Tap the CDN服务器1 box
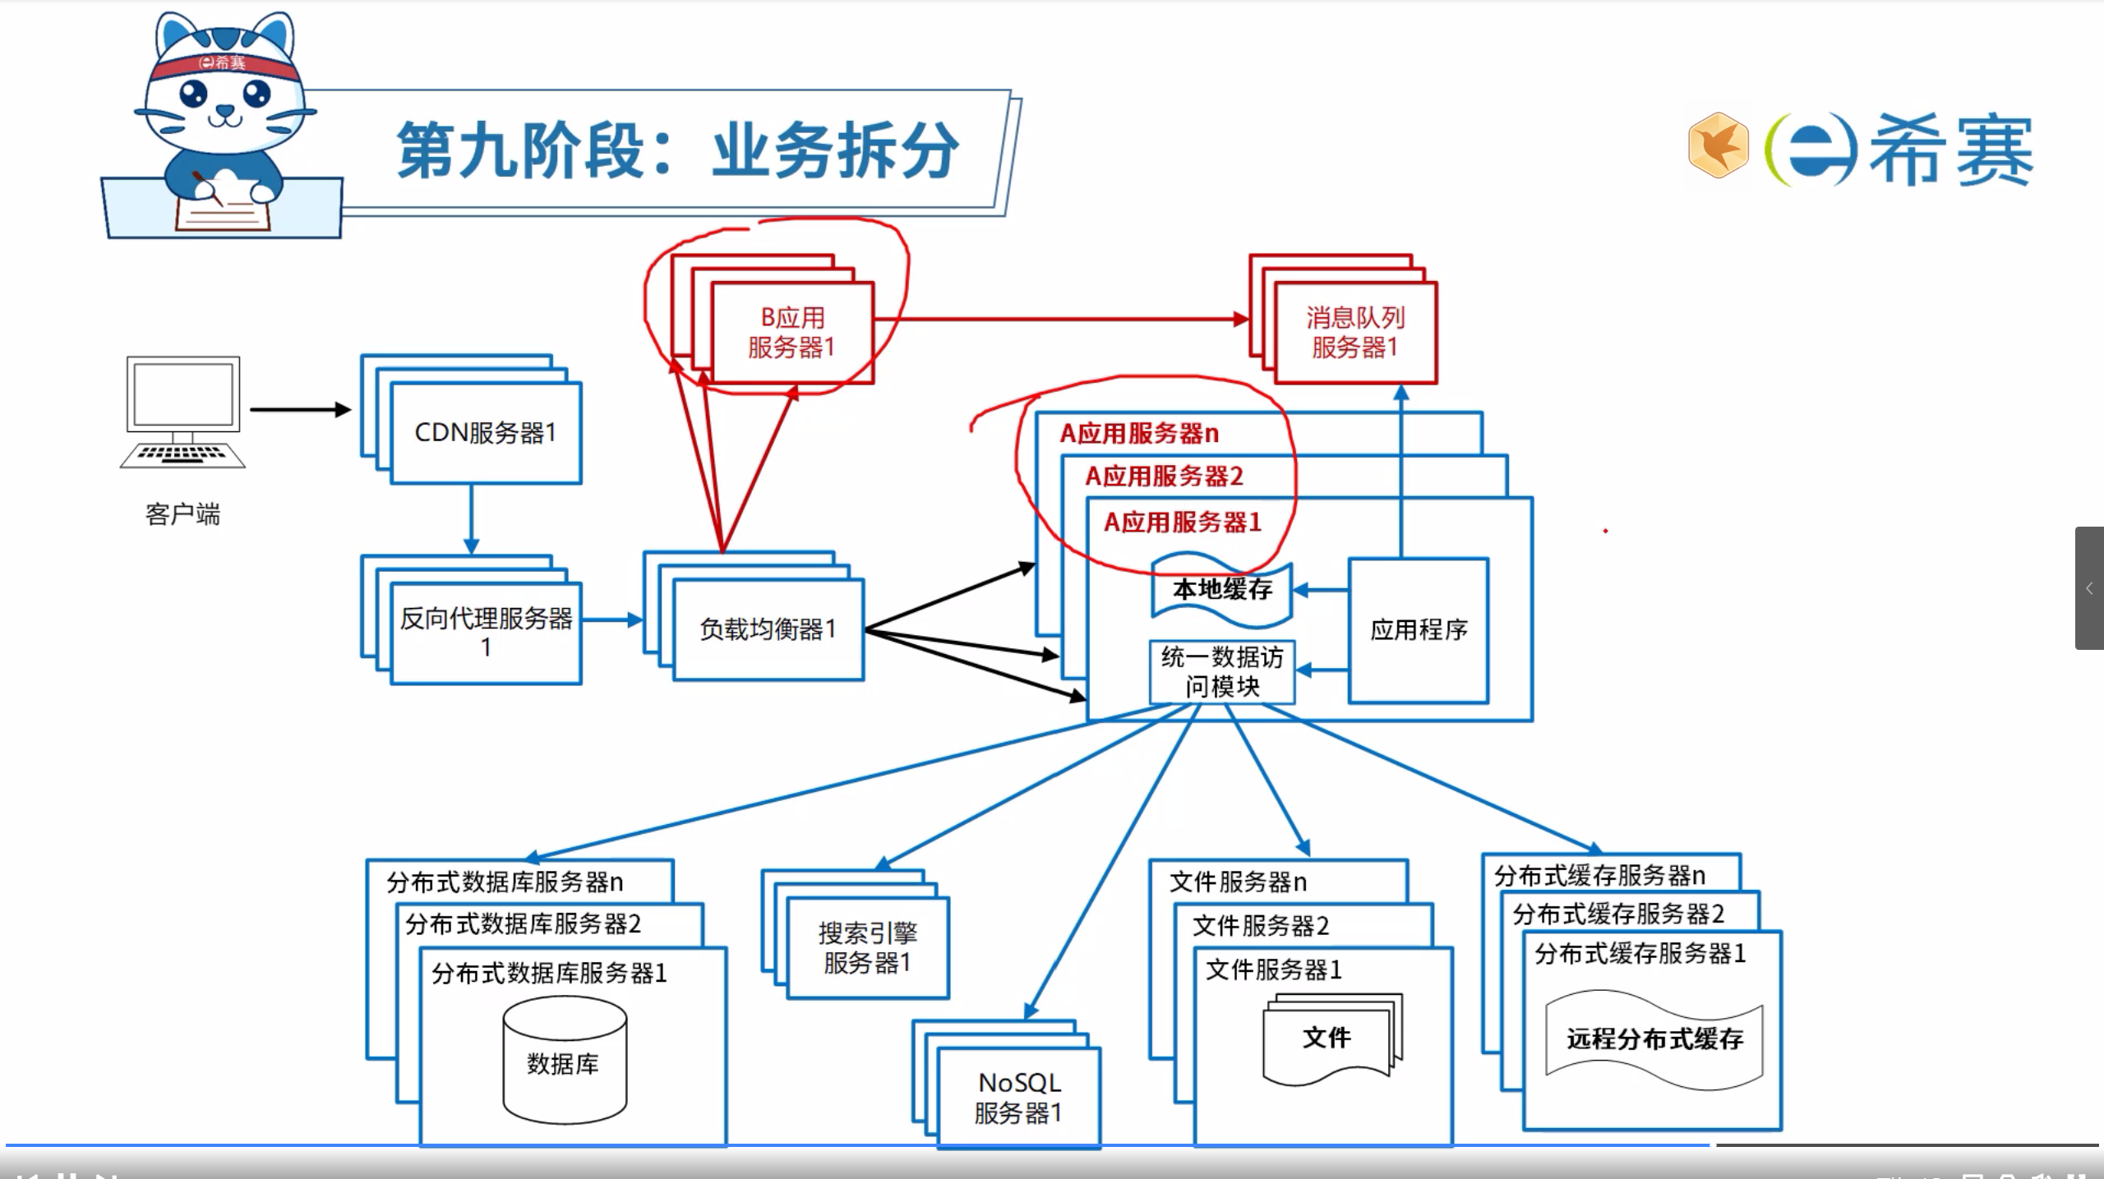pos(486,433)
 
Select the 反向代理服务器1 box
pos(486,633)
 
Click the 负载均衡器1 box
pos(768,629)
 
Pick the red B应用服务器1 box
pos(792,333)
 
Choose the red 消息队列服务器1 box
pos(1354,333)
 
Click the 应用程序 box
pos(1419,630)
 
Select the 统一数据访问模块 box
pos(1222,672)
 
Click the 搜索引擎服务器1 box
pos(868,948)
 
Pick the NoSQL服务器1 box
pos(1019,1098)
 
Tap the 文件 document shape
pos(1327,1039)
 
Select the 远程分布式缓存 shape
pos(1654,1039)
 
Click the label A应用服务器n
pos(1139,434)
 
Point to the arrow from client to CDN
pos(300,409)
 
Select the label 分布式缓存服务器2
pos(1618,914)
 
